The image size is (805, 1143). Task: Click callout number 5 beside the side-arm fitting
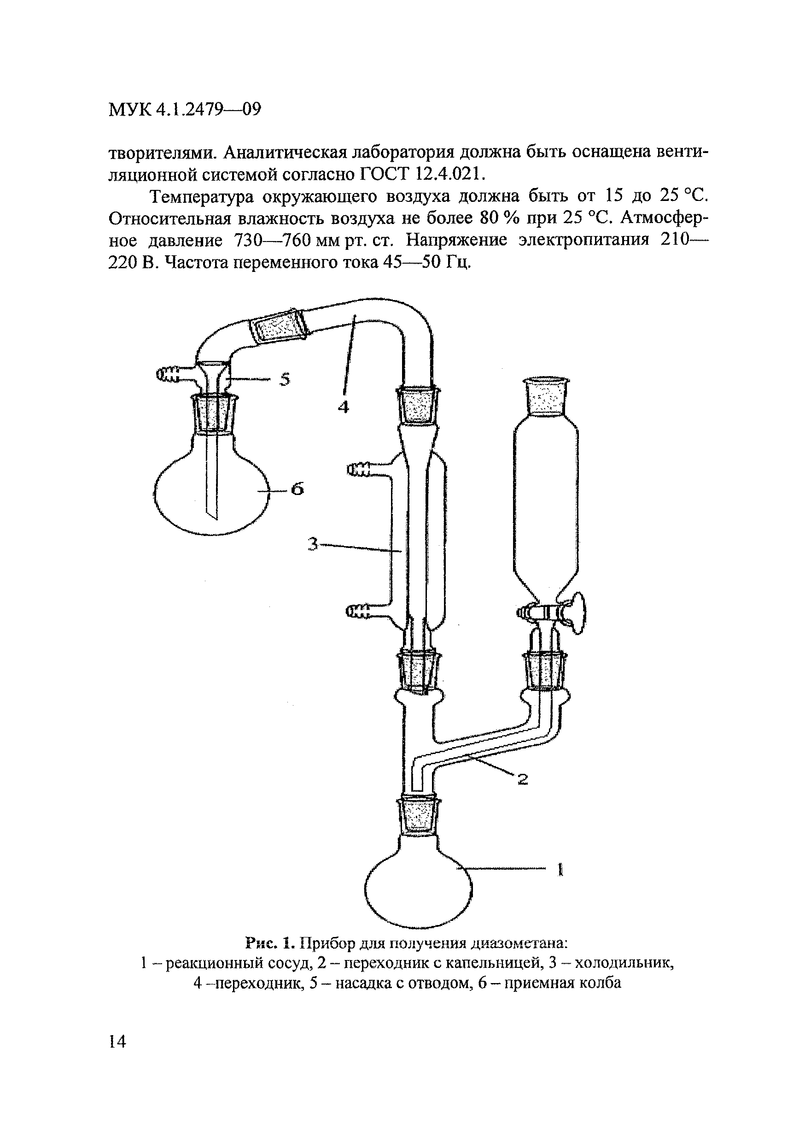(284, 379)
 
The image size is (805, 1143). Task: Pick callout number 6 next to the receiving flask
(297, 489)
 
